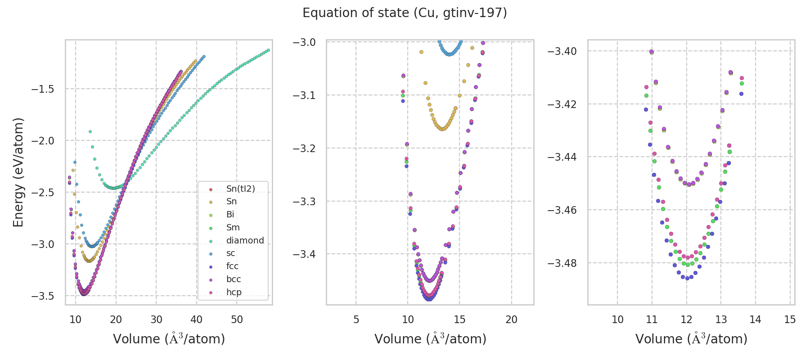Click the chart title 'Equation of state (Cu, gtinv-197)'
click(405, 13)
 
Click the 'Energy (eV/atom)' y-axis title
click(18, 172)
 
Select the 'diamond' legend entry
click(245, 241)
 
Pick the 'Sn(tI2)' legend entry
click(240, 189)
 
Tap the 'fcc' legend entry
click(232, 266)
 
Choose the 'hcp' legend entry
click(234, 292)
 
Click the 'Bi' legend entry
click(230, 215)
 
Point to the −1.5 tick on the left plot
click(43, 89)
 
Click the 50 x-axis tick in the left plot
click(237, 320)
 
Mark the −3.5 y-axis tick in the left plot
click(43, 296)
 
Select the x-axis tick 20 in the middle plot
click(511, 320)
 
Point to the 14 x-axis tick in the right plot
click(756, 320)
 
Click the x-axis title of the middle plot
click(430, 339)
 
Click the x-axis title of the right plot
click(691, 339)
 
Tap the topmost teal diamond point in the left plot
click(90, 132)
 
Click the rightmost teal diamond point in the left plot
click(268, 50)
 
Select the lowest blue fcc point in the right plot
click(687, 279)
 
